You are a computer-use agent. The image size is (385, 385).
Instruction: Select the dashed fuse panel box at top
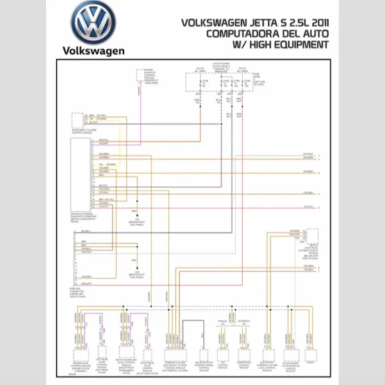(221, 83)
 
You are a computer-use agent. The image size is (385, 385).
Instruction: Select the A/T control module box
(223, 355)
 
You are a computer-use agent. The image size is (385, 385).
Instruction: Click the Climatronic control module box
(244, 355)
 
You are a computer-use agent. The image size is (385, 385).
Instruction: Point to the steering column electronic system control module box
(175, 354)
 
